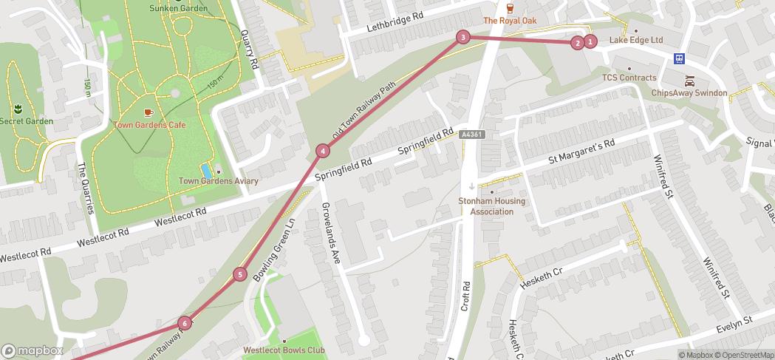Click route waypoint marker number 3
[x=462, y=37]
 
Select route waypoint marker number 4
[x=322, y=151]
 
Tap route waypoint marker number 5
[x=240, y=275]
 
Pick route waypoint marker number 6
[x=184, y=323]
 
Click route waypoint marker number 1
[x=590, y=42]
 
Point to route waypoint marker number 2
[x=577, y=43]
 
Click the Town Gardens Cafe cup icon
[x=148, y=112]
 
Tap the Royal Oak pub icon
[x=510, y=8]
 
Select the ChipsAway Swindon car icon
[x=689, y=81]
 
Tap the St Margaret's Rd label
[x=581, y=152]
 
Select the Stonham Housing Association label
[x=492, y=206]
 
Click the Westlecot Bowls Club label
[x=284, y=350]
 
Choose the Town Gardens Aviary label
[x=219, y=181]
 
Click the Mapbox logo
[x=33, y=350]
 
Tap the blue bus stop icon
[x=679, y=58]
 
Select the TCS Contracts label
[x=629, y=78]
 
